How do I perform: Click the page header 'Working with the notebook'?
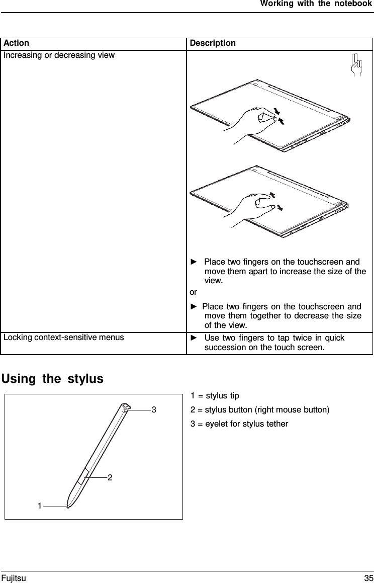316,5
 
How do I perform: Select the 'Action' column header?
16,43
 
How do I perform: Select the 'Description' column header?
212,43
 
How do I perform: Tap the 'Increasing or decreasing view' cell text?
59,55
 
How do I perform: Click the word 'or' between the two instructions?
194,292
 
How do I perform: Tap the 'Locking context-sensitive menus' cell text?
64,337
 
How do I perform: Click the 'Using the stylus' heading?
53,378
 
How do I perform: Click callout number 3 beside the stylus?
154,410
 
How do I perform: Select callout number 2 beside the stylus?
109,477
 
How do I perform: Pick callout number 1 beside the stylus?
39,506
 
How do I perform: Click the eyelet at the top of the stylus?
125,406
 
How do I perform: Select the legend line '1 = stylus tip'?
215,396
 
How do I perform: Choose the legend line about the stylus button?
260,410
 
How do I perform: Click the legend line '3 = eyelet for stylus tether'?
239,424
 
